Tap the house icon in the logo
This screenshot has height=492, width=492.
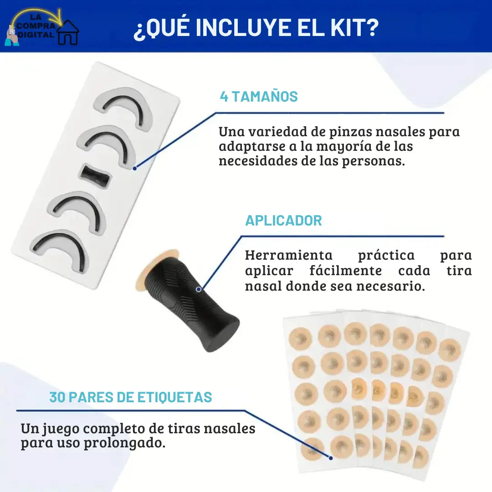point(68,33)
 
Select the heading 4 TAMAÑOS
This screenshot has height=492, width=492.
point(259,96)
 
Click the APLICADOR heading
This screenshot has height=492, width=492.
point(284,220)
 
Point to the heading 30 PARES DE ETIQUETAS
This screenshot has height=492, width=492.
point(131,397)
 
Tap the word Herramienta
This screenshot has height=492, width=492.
point(289,255)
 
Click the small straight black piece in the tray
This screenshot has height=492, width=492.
point(95,176)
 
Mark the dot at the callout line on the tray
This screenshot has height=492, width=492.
point(134,169)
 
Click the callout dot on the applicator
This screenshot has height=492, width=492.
point(199,289)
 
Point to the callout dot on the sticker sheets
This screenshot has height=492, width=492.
point(331,458)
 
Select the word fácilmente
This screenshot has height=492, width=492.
point(346,271)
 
